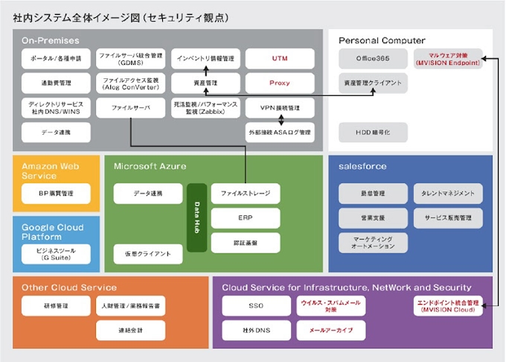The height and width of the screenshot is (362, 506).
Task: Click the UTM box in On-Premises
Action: pyautogui.click(x=280, y=58)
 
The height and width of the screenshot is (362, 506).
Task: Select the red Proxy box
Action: pyautogui.click(x=280, y=83)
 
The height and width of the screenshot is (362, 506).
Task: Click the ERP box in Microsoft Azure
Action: pyautogui.click(x=246, y=218)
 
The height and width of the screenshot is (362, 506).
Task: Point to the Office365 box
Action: pyautogui.click(x=373, y=58)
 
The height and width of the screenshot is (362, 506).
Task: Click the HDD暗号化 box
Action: pyautogui.click(x=373, y=132)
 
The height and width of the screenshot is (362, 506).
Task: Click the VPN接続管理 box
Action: pyautogui.click(x=280, y=108)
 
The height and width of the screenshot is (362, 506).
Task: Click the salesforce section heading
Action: pyautogui.click(x=362, y=166)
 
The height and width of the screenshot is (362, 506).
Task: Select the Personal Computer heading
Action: pyautogui.click(x=382, y=40)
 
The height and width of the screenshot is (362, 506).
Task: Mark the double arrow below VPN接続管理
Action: pyautogui.click(x=280, y=120)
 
